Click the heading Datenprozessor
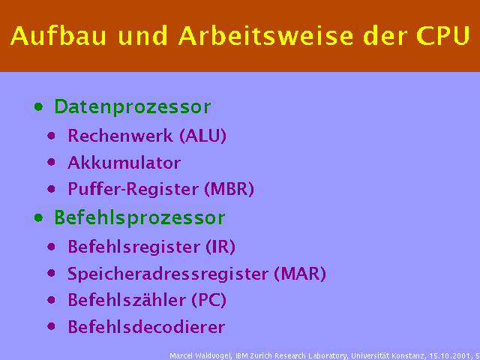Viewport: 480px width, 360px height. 132,107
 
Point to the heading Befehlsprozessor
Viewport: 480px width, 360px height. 139,218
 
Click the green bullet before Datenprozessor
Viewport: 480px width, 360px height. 38,107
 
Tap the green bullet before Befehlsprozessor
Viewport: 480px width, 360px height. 38,218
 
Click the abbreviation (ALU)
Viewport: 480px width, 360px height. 202,136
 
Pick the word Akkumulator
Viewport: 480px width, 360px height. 124,163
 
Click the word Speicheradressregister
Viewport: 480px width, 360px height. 169,274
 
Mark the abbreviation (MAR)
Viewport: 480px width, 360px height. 300,274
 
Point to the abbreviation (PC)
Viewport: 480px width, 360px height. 208,301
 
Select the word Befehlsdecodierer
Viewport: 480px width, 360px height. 146,328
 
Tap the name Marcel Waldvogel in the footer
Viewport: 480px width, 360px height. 199,355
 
